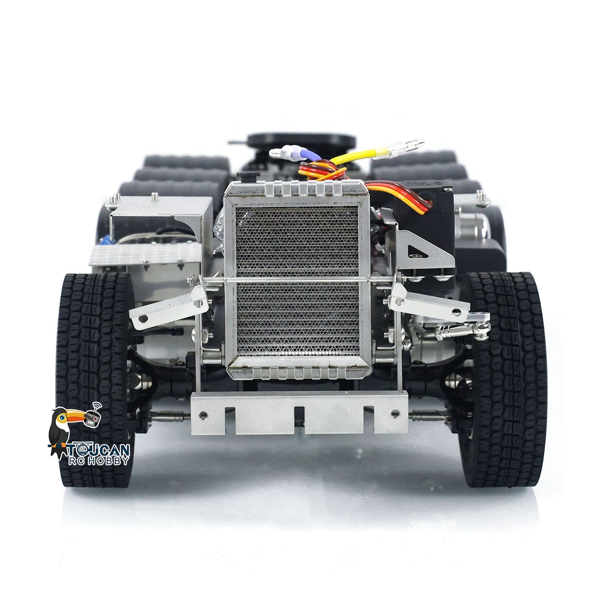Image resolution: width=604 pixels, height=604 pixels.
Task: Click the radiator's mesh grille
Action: coord(297,281)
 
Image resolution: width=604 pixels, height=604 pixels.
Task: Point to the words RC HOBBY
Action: coord(99,461)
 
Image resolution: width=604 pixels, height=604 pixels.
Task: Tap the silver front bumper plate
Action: coord(299,413)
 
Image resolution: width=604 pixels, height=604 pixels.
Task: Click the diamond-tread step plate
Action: coord(146,254)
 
